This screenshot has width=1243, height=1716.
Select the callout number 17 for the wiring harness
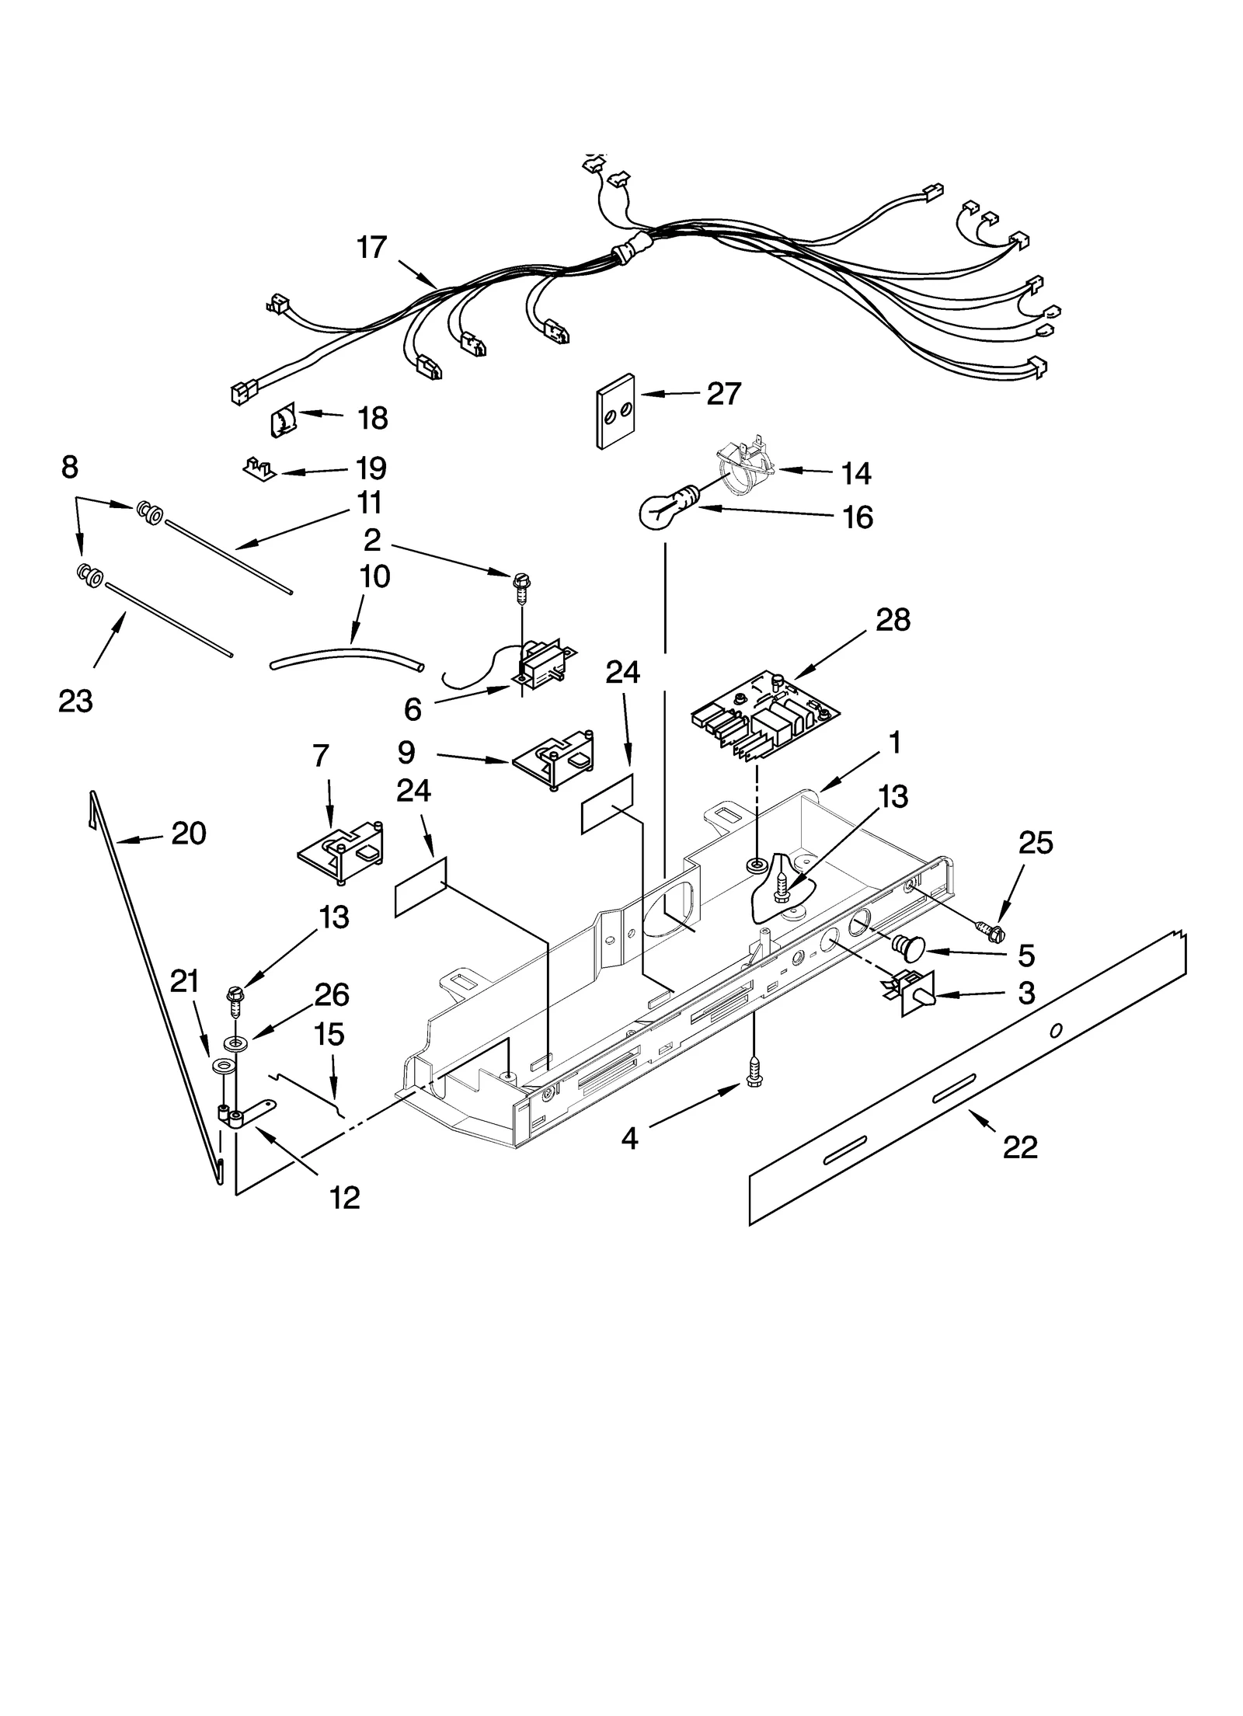click(x=371, y=248)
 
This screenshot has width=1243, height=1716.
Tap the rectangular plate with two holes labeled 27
click(x=615, y=412)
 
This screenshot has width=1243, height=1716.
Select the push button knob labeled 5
click(x=910, y=947)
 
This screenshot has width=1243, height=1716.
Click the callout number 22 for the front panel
click(x=1019, y=1147)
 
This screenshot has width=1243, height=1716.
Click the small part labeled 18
click(x=282, y=420)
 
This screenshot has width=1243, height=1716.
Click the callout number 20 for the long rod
click(x=188, y=834)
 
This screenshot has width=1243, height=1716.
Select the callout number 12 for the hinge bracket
click(x=345, y=1198)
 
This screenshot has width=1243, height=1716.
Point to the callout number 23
click(x=75, y=701)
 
